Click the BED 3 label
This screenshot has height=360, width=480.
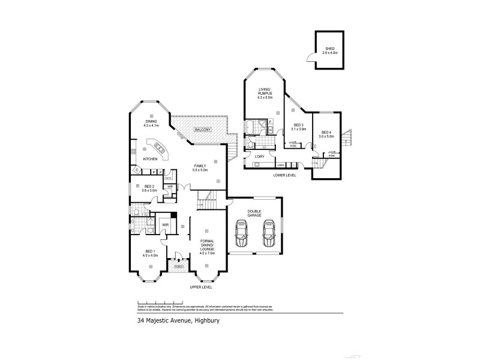[298, 127]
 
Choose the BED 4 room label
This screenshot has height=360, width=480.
[326, 133]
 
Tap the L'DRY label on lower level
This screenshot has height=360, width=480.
[260, 157]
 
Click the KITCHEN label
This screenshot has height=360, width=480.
[150, 159]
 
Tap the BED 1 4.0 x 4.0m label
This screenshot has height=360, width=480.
[150, 253]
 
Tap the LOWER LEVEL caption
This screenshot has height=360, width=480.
[285, 175]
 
